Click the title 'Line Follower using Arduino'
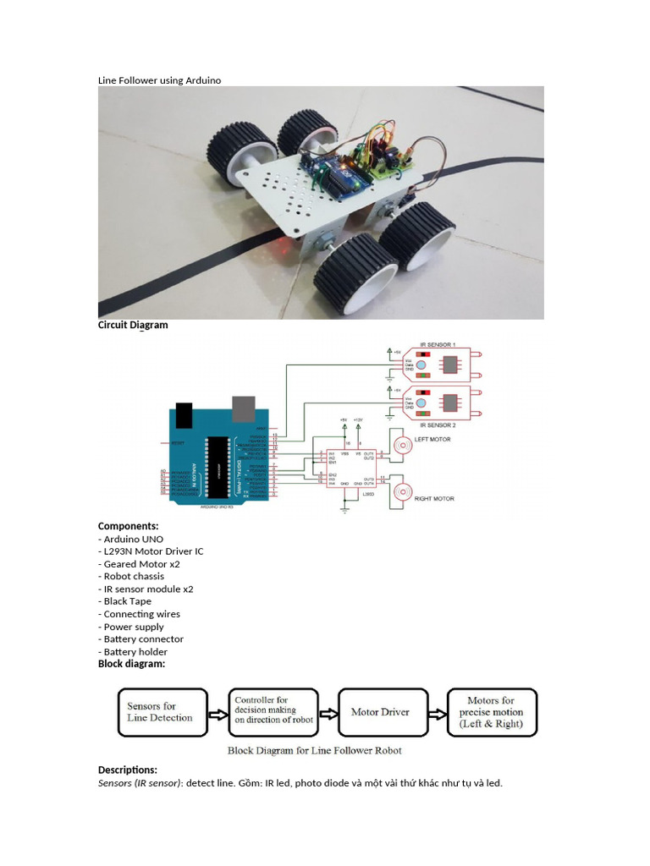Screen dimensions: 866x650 pos(159,79)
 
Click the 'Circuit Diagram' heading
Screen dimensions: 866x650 pos(133,325)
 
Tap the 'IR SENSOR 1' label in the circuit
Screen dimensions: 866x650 pos(439,345)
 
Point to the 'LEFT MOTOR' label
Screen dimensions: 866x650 pos(433,440)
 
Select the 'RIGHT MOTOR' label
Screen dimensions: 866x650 pos(434,499)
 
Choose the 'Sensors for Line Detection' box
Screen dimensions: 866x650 pos(160,711)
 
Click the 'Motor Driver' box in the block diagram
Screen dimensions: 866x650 pos(379,712)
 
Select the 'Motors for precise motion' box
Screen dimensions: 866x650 pos(491,712)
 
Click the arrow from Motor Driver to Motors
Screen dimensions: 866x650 pos(435,713)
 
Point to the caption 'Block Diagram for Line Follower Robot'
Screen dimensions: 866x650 pos(314,750)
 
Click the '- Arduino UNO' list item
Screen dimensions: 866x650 pos(131,539)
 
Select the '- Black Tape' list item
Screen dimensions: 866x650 pos(125,601)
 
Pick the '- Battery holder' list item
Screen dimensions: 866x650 pos(133,652)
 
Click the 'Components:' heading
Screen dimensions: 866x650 pos(128,526)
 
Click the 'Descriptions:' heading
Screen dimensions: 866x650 pos(128,770)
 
